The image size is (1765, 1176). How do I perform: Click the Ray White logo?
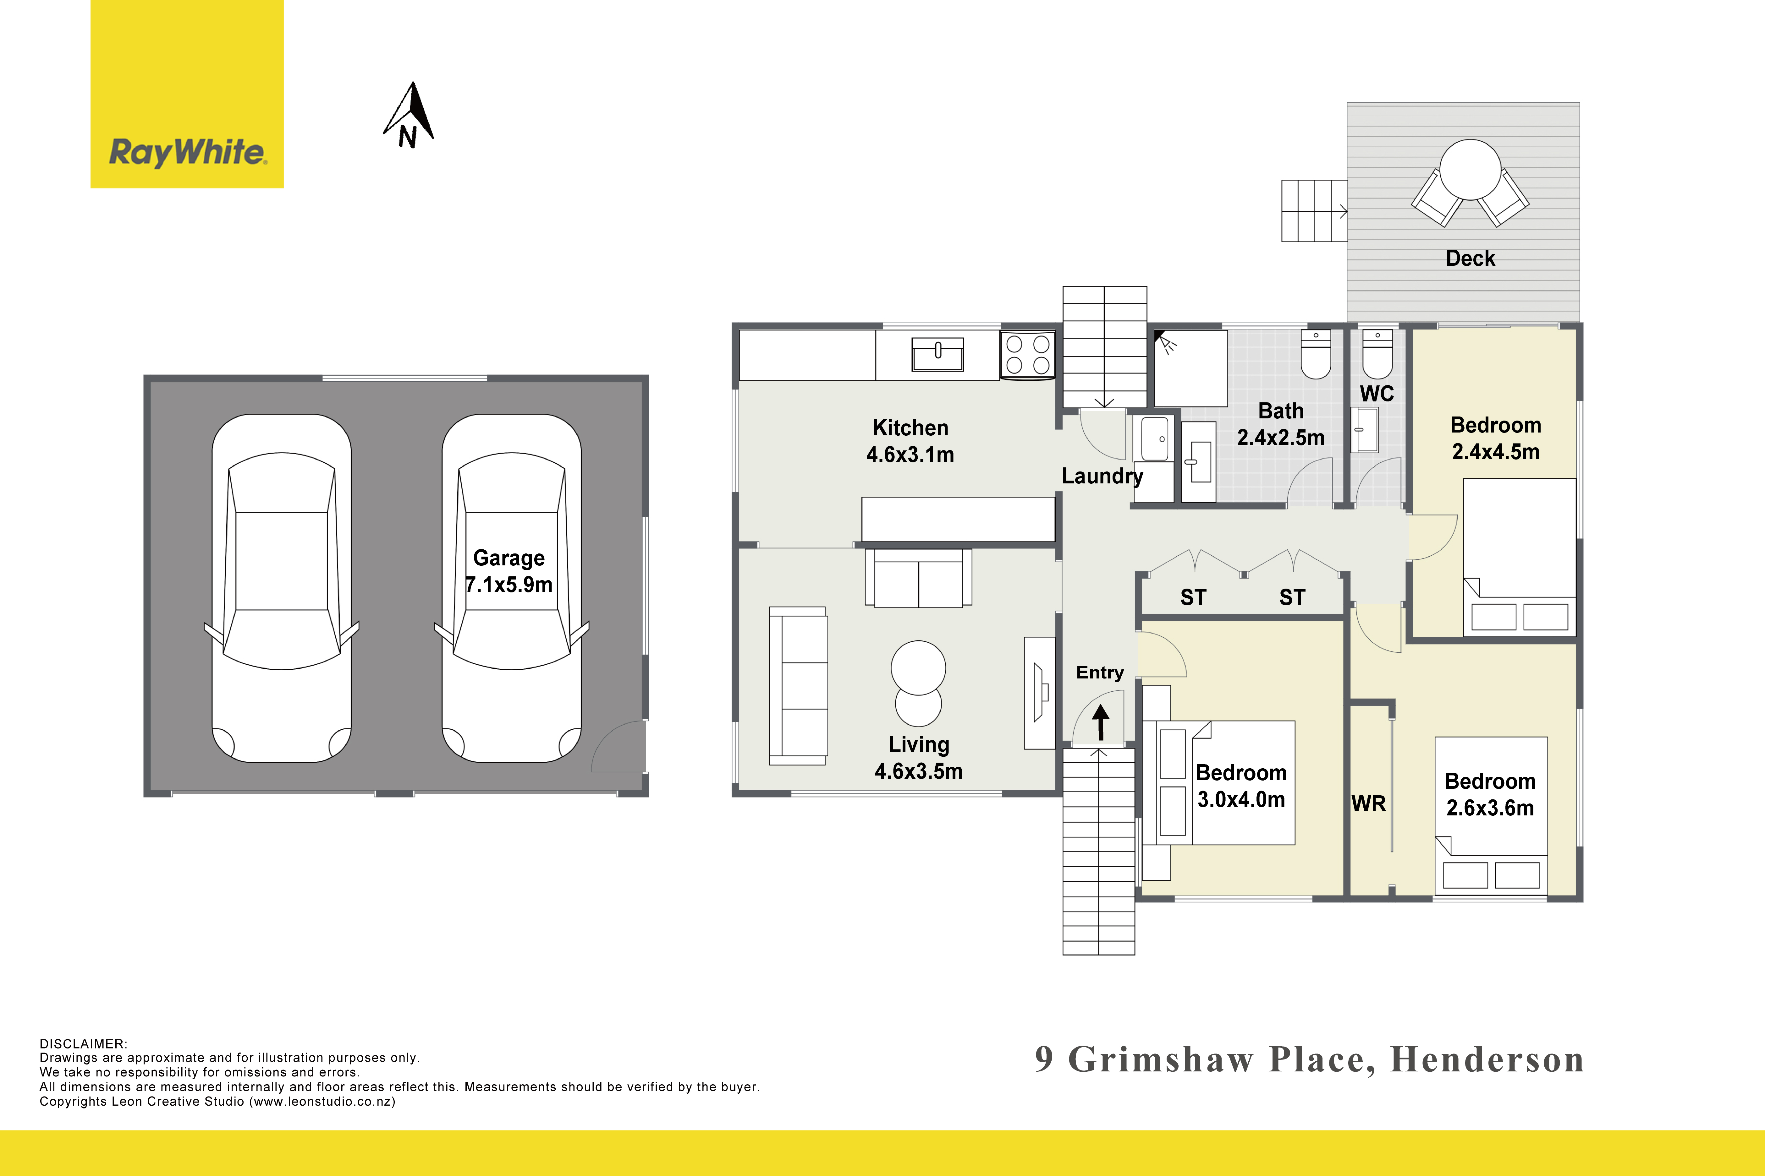[187, 94]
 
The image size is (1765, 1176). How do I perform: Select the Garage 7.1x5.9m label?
[509, 571]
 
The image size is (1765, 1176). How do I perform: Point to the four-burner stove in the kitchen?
[1027, 355]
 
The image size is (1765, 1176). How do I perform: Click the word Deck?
[1470, 259]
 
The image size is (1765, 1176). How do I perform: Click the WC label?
[1376, 394]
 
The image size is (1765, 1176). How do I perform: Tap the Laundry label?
[1102, 476]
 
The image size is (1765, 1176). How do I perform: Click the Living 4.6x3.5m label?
[919, 758]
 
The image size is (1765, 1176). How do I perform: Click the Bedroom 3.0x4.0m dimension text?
[1241, 799]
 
